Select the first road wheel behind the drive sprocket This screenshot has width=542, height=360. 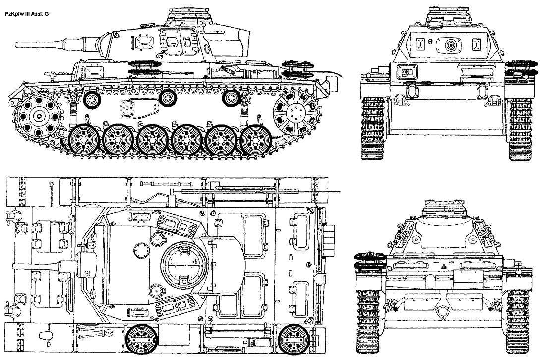point(85,140)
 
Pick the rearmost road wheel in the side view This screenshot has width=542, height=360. point(256,140)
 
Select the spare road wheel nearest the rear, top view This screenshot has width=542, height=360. point(293,340)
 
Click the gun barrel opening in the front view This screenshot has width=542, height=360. point(450,45)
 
